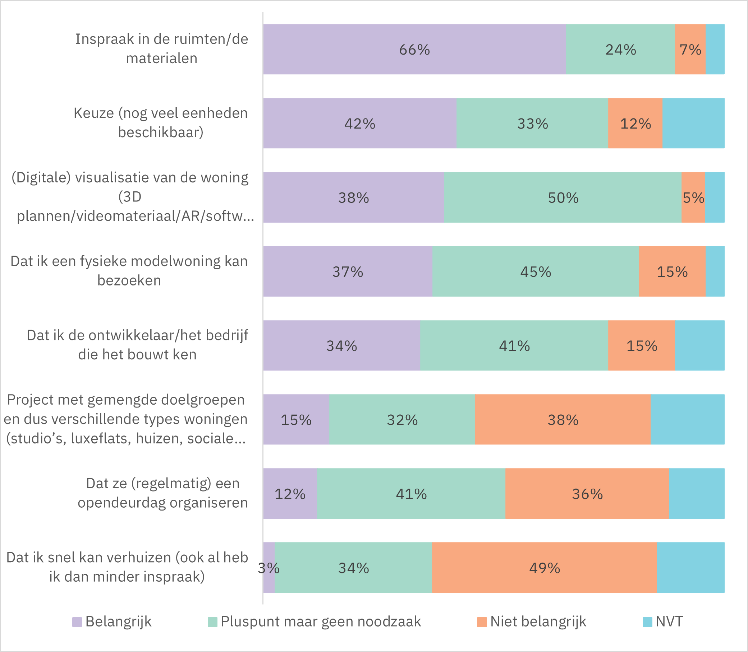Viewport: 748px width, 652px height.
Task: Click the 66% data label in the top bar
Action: tap(414, 50)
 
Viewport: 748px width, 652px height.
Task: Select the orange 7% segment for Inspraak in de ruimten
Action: tap(690, 50)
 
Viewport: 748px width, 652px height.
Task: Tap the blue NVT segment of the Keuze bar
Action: tap(693, 124)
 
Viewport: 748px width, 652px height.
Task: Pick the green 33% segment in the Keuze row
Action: tap(532, 124)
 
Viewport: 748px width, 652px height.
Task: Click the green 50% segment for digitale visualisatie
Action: tap(563, 197)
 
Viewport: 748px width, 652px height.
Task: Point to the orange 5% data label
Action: tap(693, 198)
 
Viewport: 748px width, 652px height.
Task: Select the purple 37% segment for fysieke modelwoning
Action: tap(348, 271)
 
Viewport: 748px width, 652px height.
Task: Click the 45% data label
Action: tap(535, 272)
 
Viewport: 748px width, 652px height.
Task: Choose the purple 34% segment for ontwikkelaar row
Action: tap(341, 346)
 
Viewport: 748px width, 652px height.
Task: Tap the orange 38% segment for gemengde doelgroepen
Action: tap(563, 420)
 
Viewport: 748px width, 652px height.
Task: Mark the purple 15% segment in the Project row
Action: tap(296, 420)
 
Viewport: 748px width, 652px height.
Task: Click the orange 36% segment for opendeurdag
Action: tap(587, 494)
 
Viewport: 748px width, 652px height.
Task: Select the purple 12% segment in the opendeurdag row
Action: tap(290, 494)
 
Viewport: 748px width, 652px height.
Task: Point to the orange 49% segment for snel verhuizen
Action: tap(545, 568)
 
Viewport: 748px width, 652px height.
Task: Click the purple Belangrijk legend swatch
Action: tap(77, 622)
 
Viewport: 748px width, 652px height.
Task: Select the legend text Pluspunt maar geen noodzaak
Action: tap(321, 621)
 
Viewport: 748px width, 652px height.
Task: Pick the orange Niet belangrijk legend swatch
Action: tap(482, 622)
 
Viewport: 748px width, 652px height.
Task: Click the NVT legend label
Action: tap(669, 621)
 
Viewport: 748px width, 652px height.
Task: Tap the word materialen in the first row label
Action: tap(162, 58)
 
